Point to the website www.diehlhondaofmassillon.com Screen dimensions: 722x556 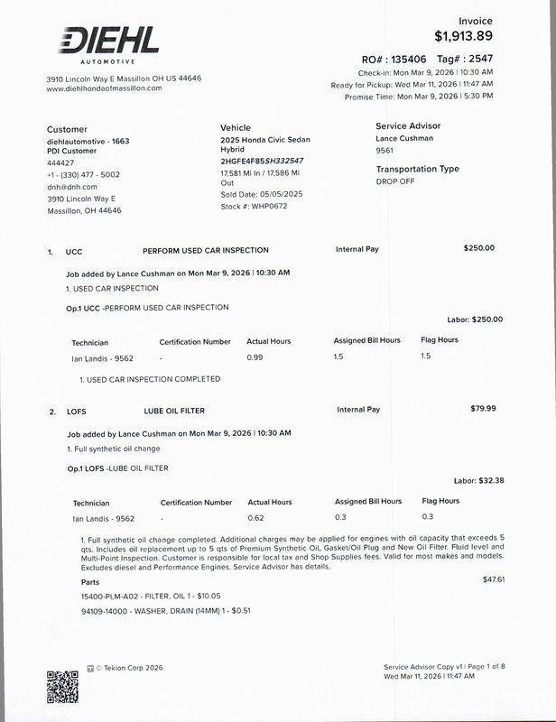[x=104, y=88]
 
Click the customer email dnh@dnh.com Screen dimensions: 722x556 [x=66, y=187]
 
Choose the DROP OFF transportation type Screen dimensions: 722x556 [x=395, y=181]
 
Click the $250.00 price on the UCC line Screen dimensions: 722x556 [x=478, y=247]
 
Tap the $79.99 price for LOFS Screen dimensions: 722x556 [x=484, y=409]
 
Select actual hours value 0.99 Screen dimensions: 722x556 [x=255, y=357]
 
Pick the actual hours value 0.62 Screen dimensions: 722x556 [x=255, y=517]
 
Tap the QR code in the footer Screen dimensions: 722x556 [x=62, y=686]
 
